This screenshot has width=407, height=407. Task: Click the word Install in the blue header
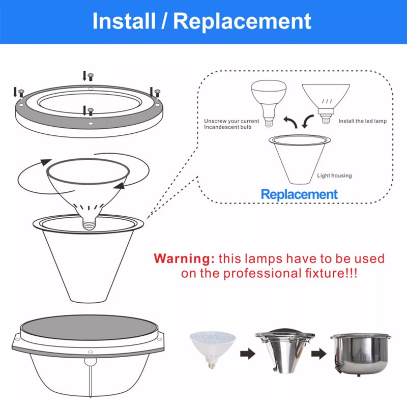pyautogui.click(x=124, y=21)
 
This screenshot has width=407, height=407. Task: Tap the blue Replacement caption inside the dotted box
pyautogui.click(x=299, y=194)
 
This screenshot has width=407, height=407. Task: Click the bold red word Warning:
pyautogui.click(x=184, y=259)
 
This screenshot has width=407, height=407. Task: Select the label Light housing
pyautogui.click(x=334, y=176)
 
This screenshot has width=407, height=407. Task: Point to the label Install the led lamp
pyautogui.click(x=362, y=121)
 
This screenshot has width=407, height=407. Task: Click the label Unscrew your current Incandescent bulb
pyautogui.click(x=231, y=124)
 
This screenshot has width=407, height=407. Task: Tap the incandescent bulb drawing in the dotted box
pyautogui.click(x=269, y=103)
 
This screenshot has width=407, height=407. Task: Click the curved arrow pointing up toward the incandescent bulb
pyautogui.click(x=290, y=122)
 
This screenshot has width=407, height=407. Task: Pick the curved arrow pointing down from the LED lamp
pyautogui.click(x=308, y=122)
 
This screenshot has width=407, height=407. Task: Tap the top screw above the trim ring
pyautogui.click(x=91, y=77)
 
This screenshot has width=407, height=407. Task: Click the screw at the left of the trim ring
pyautogui.click(x=21, y=93)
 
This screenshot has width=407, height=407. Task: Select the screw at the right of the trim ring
pyautogui.click(x=157, y=93)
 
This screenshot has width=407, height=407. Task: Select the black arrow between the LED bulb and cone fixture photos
pyautogui.click(x=248, y=354)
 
